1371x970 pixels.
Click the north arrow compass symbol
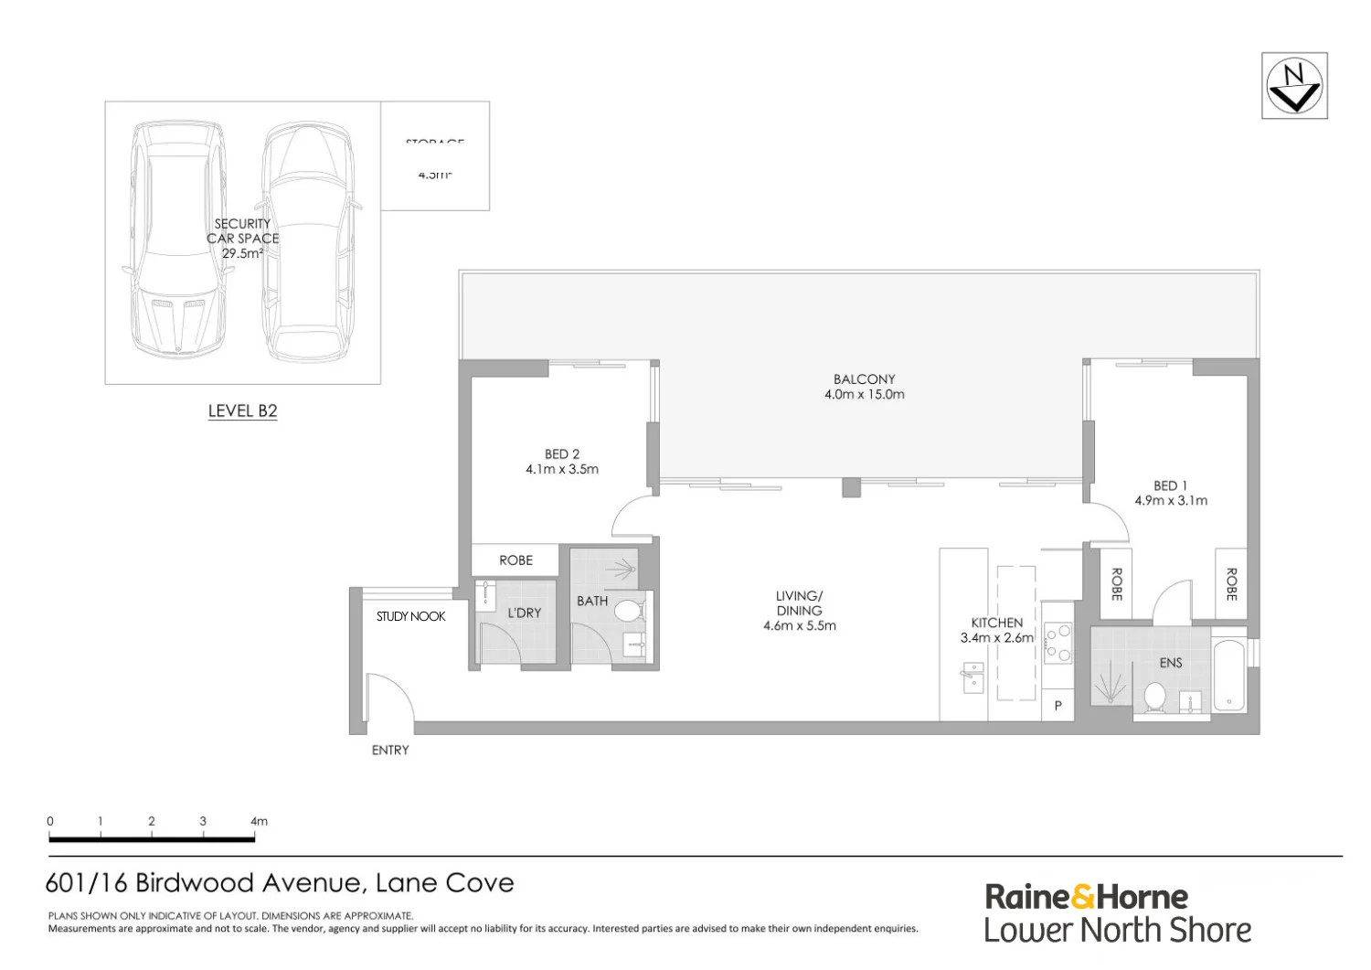[x=1294, y=85]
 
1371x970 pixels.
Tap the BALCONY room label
[x=864, y=378]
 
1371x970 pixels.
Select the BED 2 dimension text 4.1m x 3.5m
[x=562, y=469]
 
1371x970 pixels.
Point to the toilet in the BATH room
[x=628, y=611]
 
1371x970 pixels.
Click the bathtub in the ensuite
[x=1229, y=677]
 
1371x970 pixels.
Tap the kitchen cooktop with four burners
[x=1057, y=642]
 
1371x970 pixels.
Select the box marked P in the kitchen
[x=1058, y=706]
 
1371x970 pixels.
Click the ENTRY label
[x=390, y=750]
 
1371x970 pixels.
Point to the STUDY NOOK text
[x=410, y=616]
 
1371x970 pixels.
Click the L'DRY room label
[x=524, y=613]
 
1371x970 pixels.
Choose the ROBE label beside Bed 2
[x=515, y=560]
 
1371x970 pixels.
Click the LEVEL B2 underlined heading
[x=242, y=411]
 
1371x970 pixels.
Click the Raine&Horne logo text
[x=1086, y=896]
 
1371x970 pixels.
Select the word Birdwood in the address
[x=195, y=882]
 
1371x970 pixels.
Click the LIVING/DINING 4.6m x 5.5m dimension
[x=799, y=625]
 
